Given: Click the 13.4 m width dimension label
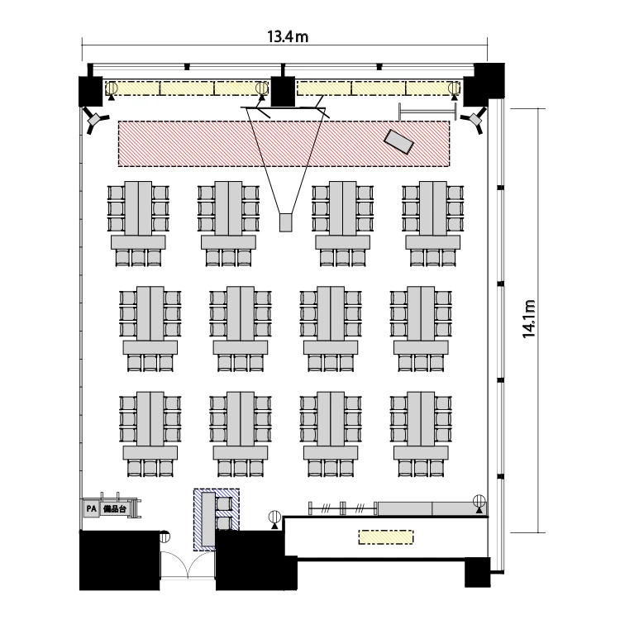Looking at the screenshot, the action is coord(288,36).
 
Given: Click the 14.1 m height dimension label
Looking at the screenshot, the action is coord(529,319).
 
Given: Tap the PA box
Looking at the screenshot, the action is coord(91,508).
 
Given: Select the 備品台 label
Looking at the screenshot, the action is coord(115,509).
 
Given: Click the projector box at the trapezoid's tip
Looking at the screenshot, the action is coord(285,222).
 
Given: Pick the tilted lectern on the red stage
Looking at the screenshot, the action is coord(399,141).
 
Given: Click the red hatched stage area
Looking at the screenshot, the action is coord(284,144).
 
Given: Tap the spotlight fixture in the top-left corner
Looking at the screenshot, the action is coord(95,120).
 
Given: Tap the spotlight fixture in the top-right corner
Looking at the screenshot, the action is coord(475,119).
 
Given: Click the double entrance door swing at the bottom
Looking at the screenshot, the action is coord(188,565).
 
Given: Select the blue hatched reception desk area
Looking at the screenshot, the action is coord(217,519).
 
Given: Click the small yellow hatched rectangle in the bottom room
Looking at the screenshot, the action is coord(386,537).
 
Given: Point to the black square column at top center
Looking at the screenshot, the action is coord(283,91).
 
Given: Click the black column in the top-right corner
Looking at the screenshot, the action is coord(484,84).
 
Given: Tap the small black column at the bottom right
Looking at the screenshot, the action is coord(477,572).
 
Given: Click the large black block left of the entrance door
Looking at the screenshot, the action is coord(120,560).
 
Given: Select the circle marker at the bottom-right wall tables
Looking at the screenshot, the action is coord(479,502).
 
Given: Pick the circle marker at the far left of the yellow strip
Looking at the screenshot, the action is coord(111,88).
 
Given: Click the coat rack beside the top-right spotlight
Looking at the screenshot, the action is coord(428,112).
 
